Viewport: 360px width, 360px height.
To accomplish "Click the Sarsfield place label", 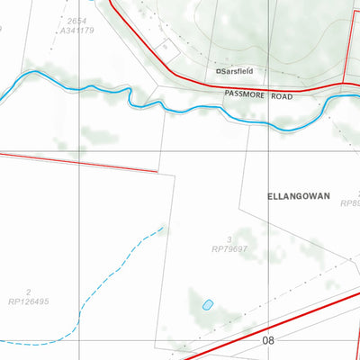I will click(237, 69).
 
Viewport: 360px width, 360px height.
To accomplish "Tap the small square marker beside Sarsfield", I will click(218, 70).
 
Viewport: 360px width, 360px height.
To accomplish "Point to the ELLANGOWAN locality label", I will click(299, 194).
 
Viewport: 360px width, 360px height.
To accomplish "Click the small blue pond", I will click(208, 304).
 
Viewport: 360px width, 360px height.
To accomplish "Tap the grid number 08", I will click(268, 340).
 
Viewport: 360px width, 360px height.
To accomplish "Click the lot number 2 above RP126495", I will click(29, 292).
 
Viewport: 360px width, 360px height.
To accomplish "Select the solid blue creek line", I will click(180, 108).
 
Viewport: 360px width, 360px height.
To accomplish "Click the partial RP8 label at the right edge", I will click(350, 203).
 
